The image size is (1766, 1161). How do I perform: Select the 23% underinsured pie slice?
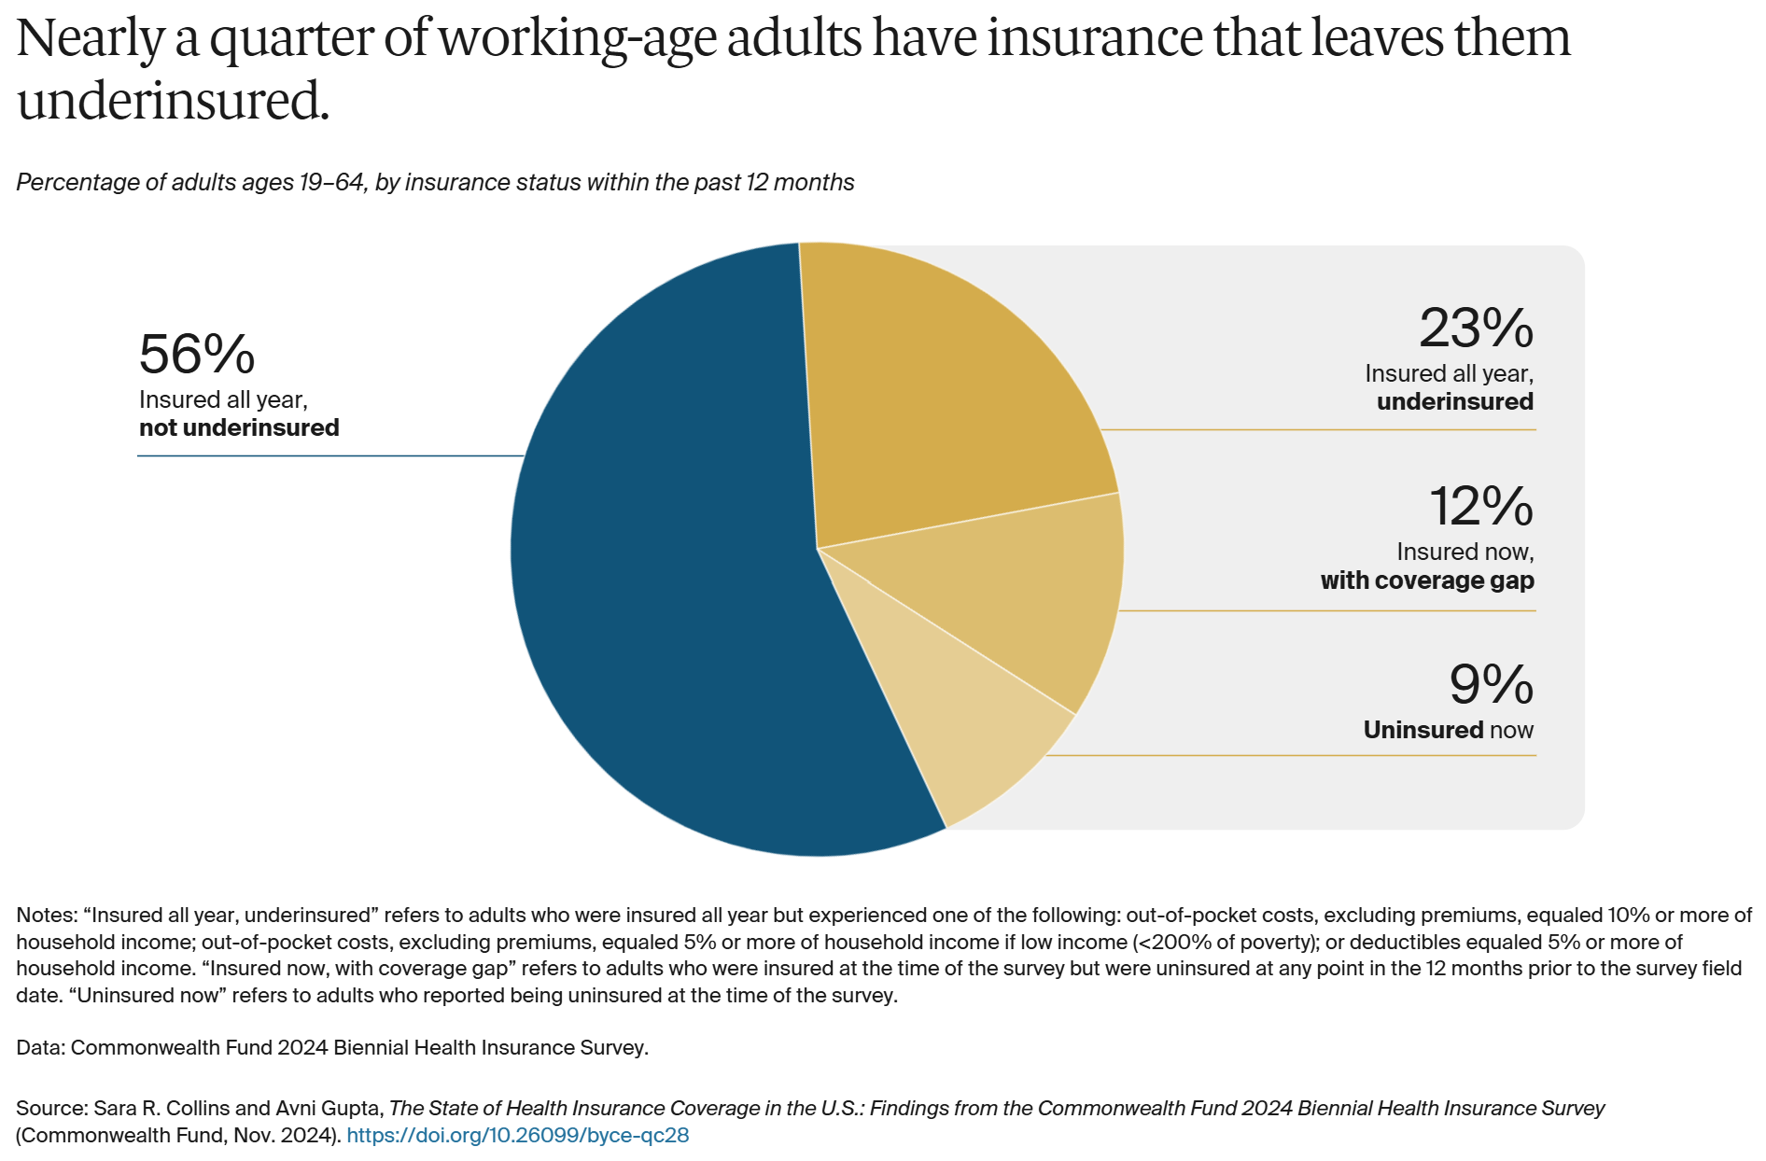pos(943,401)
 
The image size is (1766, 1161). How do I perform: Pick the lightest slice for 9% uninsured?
pos(961,719)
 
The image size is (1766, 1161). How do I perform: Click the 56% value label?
pos(197,355)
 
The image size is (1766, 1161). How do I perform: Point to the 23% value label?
pos(1476,329)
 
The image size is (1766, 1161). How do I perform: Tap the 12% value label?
pos(1481,507)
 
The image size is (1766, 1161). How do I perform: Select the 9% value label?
pos(1491,685)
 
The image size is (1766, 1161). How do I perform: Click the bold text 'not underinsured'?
pos(239,428)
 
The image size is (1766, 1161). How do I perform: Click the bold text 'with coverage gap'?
pos(1427,580)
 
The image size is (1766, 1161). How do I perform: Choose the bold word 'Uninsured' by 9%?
pos(1423,730)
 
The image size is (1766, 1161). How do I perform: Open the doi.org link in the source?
pos(517,1136)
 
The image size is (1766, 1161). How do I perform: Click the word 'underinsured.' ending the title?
pos(174,101)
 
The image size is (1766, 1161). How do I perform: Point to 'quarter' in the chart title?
pos(290,39)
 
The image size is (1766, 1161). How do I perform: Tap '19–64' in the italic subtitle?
pos(331,182)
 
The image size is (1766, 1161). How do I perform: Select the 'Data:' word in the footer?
pos(40,1048)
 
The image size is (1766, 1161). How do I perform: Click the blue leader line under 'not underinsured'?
pos(327,455)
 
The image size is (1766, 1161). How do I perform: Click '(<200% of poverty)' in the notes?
pos(1226,943)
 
